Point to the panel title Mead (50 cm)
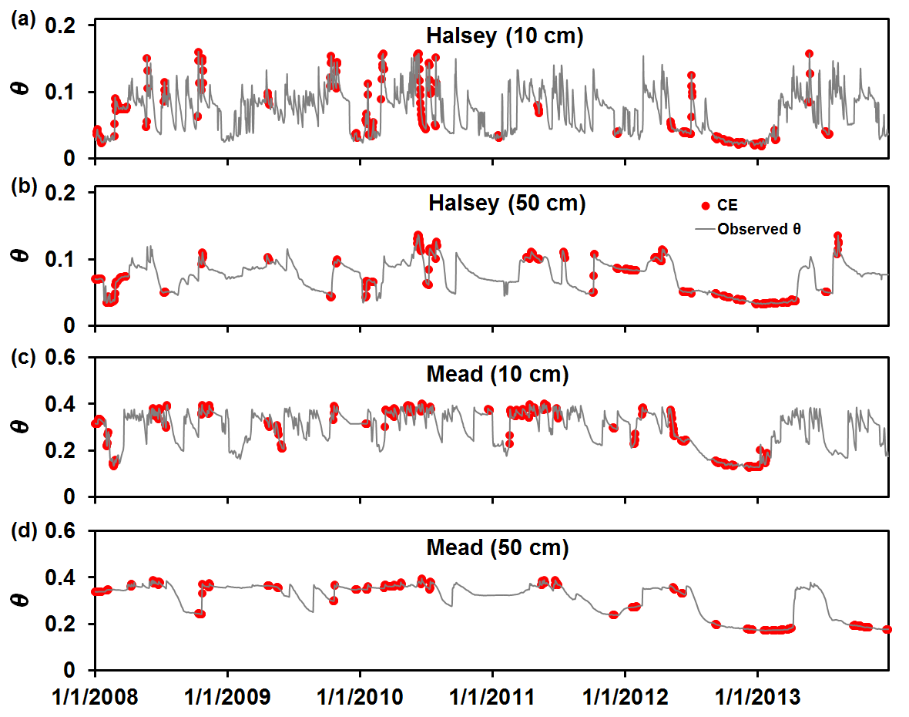point(497,548)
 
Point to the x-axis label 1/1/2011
point(494,698)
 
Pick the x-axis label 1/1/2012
point(626,698)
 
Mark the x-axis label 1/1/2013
point(759,698)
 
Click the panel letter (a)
point(20,21)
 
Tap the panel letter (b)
point(20,190)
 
